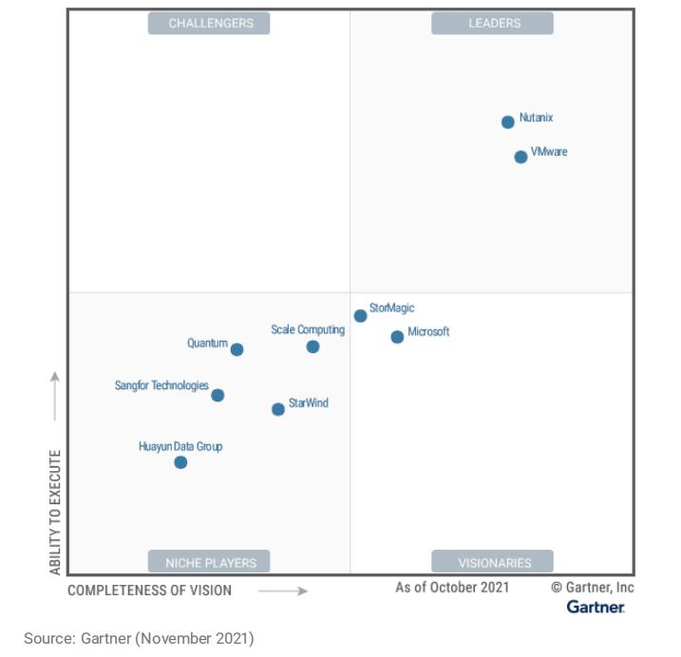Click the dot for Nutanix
coord(508,122)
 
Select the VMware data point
coord(520,157)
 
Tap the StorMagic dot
coord(360,316)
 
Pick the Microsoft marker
coord(397,337)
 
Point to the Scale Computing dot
coord(312,347)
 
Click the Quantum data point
coord(236,349)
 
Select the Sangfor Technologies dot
coord(218,395)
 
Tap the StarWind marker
coord(277,409)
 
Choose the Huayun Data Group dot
coord(180,462)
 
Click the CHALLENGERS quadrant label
coord(211,23)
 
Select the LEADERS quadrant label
coord(493,23)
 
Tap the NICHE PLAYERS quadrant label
coord(211,562)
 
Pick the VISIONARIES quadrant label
coord(494,562)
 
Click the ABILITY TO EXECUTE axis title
coord(55,512)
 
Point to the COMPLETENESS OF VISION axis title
coord(149,591)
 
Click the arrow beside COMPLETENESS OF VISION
coord(283,591)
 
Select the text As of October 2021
coord(452,587)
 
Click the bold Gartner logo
coord(596,607)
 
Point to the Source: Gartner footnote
coord(139,638)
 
